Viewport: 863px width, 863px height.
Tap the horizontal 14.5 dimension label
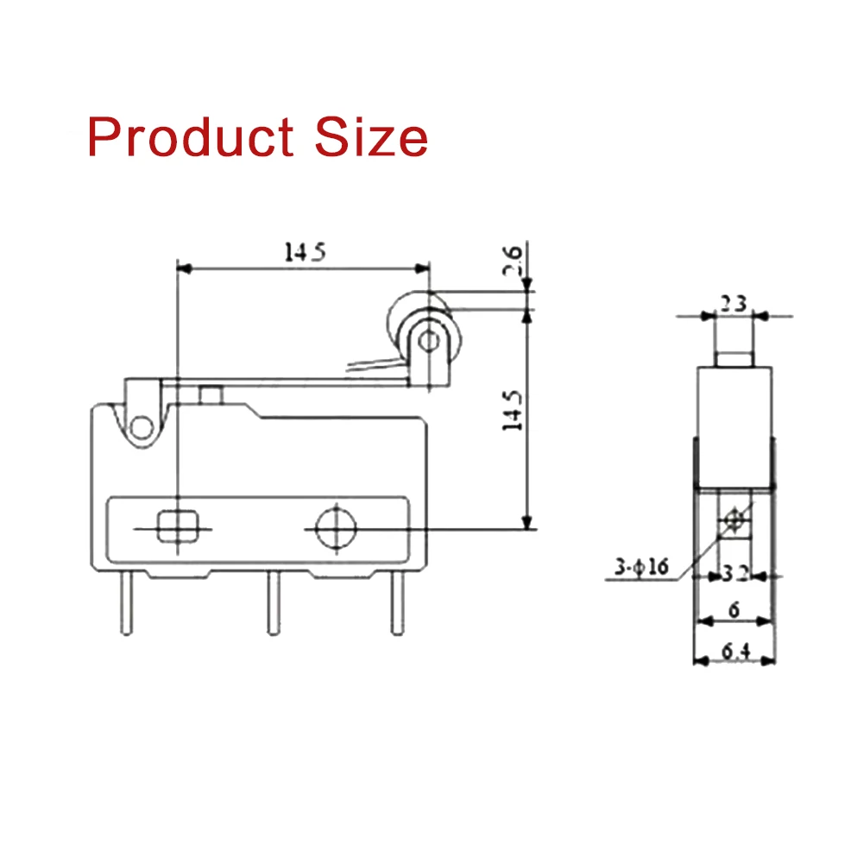point(304,252)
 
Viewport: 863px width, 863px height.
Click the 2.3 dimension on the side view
point(734,304)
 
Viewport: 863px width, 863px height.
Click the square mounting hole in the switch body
point(175,525)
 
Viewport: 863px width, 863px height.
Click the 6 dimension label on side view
point(734,610)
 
